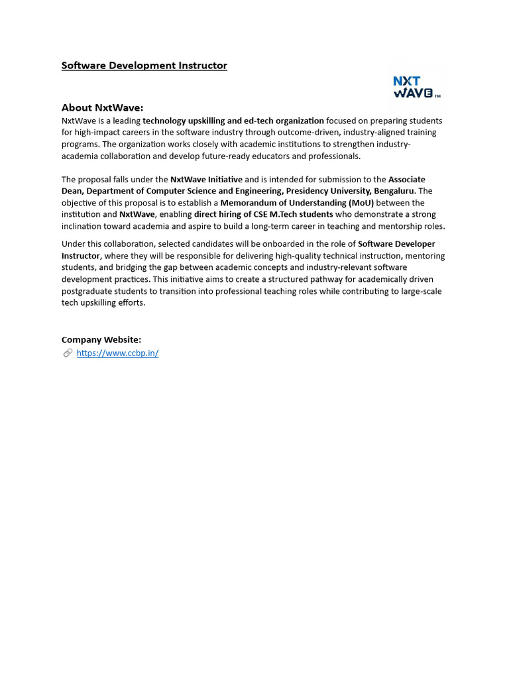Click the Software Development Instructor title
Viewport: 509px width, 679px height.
(x=144, y=66)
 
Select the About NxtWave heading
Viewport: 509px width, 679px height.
(x=102, y=107)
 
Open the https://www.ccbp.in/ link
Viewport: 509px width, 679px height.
(x=117, y=353)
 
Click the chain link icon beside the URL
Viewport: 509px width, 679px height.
(x=68, y=353)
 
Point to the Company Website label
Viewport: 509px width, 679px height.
(x=101, y=339)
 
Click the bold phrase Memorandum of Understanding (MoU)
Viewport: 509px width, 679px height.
(x=297, y=203)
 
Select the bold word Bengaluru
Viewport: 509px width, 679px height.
(x=394, y=191)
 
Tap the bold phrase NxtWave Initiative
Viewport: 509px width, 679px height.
(x=206, y=180)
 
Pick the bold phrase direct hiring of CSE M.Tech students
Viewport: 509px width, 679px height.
(x=263, y=215)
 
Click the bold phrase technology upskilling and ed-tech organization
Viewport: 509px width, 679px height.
(x=233, y=121)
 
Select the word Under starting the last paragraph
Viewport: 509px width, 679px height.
(x=74, y=244)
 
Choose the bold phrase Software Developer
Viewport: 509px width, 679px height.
(x=396, y=244)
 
